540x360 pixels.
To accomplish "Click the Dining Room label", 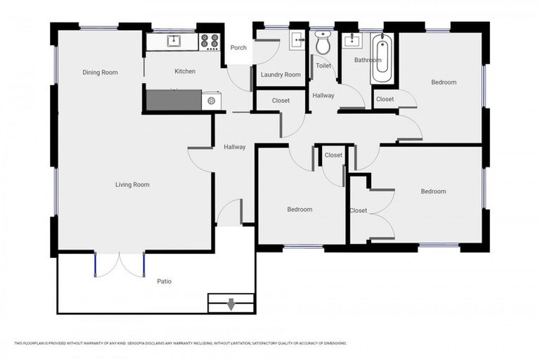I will coord(100,72).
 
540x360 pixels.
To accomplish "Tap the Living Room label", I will coord(133,185).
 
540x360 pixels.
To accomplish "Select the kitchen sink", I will coord(173,41).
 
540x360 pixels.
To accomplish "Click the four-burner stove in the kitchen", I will coord(210,42).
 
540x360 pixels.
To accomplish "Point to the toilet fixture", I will coord(323,44).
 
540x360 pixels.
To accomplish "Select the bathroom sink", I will coord(351,40).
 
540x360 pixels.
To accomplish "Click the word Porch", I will coord(238,48).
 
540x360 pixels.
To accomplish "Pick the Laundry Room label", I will coord(281,75).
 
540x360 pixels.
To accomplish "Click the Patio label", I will coord(164,281).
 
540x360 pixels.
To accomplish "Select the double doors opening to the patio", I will coord(120,264).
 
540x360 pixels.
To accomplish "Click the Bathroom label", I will coord(368,60).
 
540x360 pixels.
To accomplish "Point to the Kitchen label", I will coord(185,72).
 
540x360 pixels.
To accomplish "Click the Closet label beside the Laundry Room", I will coord(281,101).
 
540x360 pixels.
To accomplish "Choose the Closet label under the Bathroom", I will coord(385,99).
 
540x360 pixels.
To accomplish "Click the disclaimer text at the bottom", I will coord(180,343).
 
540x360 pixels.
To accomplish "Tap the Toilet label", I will coord(323,66).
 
